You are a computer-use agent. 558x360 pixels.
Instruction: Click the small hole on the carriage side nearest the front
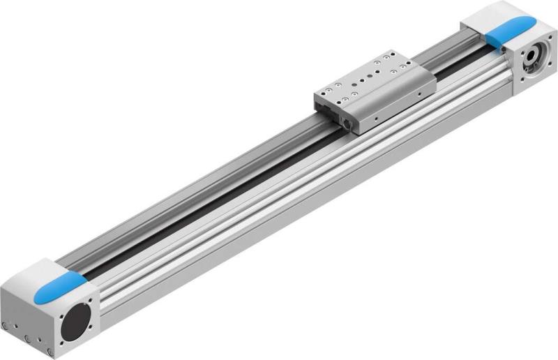[x=375, y=119]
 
